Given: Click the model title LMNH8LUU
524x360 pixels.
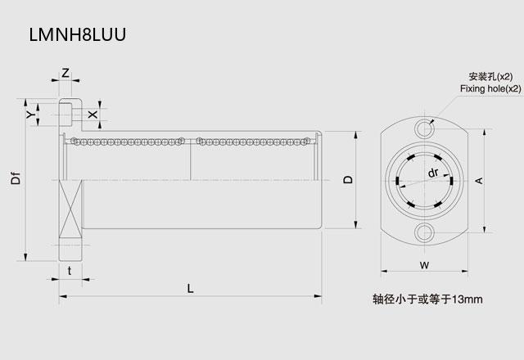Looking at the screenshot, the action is point(78,34).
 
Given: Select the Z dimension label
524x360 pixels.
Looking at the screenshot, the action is point(65,73).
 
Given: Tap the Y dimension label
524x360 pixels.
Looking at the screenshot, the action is point(31,115).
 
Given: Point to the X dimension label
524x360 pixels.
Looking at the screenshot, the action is point(93,115).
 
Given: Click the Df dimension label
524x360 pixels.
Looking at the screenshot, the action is point(16,178).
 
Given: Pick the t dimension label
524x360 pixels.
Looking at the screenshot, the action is point(70,271).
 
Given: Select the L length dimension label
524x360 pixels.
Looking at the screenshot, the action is point(190,288).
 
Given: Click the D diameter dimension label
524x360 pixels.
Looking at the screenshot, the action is point(348,179).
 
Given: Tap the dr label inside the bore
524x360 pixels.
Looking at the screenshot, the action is point(433,173).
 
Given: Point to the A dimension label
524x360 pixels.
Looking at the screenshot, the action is point(479,181).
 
